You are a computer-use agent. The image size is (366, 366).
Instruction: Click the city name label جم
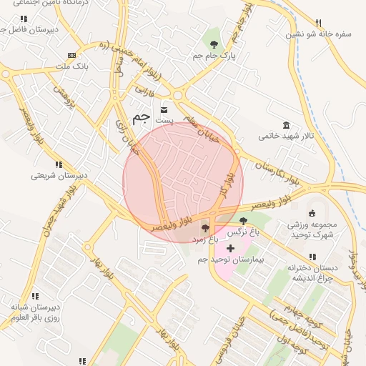click(x=142, y=115)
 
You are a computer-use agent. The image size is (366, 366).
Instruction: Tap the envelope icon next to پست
click(x=164, y=110)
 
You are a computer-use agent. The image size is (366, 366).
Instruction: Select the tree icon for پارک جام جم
click(x=214, y=45)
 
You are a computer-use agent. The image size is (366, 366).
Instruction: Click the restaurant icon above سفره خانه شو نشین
click(x=318, y=23)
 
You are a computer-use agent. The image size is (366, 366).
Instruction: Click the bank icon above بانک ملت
click(x=71, y=55)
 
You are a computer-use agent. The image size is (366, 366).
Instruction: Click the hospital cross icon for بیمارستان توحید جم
click(x=230, y=248)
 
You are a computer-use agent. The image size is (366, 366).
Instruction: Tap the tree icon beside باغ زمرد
click(x=206, y=228)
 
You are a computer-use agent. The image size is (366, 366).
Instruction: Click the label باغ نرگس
click(x=243, y=232)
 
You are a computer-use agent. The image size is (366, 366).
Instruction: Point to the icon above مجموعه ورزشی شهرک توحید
click(x=311, y=213)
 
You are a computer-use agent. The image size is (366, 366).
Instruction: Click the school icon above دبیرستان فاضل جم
click(x=25, y=19)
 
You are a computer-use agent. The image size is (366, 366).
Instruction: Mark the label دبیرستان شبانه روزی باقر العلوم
click(x=35, y=312)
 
